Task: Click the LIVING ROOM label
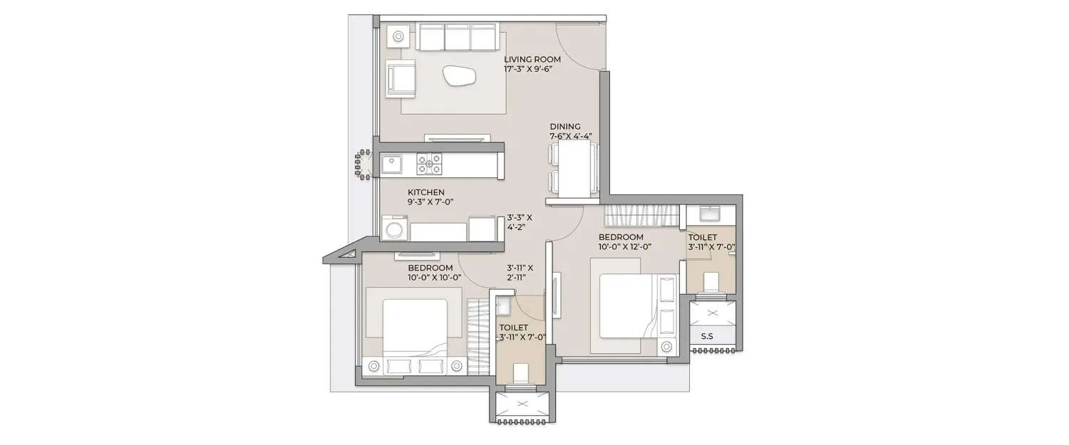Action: click(x=532, y=59)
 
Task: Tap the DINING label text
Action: click(x=565, y=126)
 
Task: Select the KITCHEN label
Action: click(x=426, y=192)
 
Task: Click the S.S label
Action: click(x=707, y=336)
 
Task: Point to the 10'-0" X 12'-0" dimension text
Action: click(x=625, y=247)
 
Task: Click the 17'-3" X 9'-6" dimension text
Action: click(x=532, y=70)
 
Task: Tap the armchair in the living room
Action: click(x=401, y=78)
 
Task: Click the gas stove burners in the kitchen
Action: click(x=430, y=165)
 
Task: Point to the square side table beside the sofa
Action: click(x=397, y=33)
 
